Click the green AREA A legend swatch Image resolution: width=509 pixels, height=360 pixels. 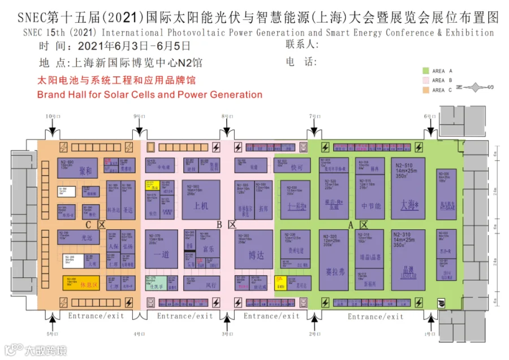[426, 71]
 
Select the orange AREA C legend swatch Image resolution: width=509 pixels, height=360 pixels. [426, 90]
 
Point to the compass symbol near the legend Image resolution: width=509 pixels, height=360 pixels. [474, 87]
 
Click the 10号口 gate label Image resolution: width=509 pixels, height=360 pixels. [52, 115]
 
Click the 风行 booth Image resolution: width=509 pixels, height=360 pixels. [212, 285]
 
